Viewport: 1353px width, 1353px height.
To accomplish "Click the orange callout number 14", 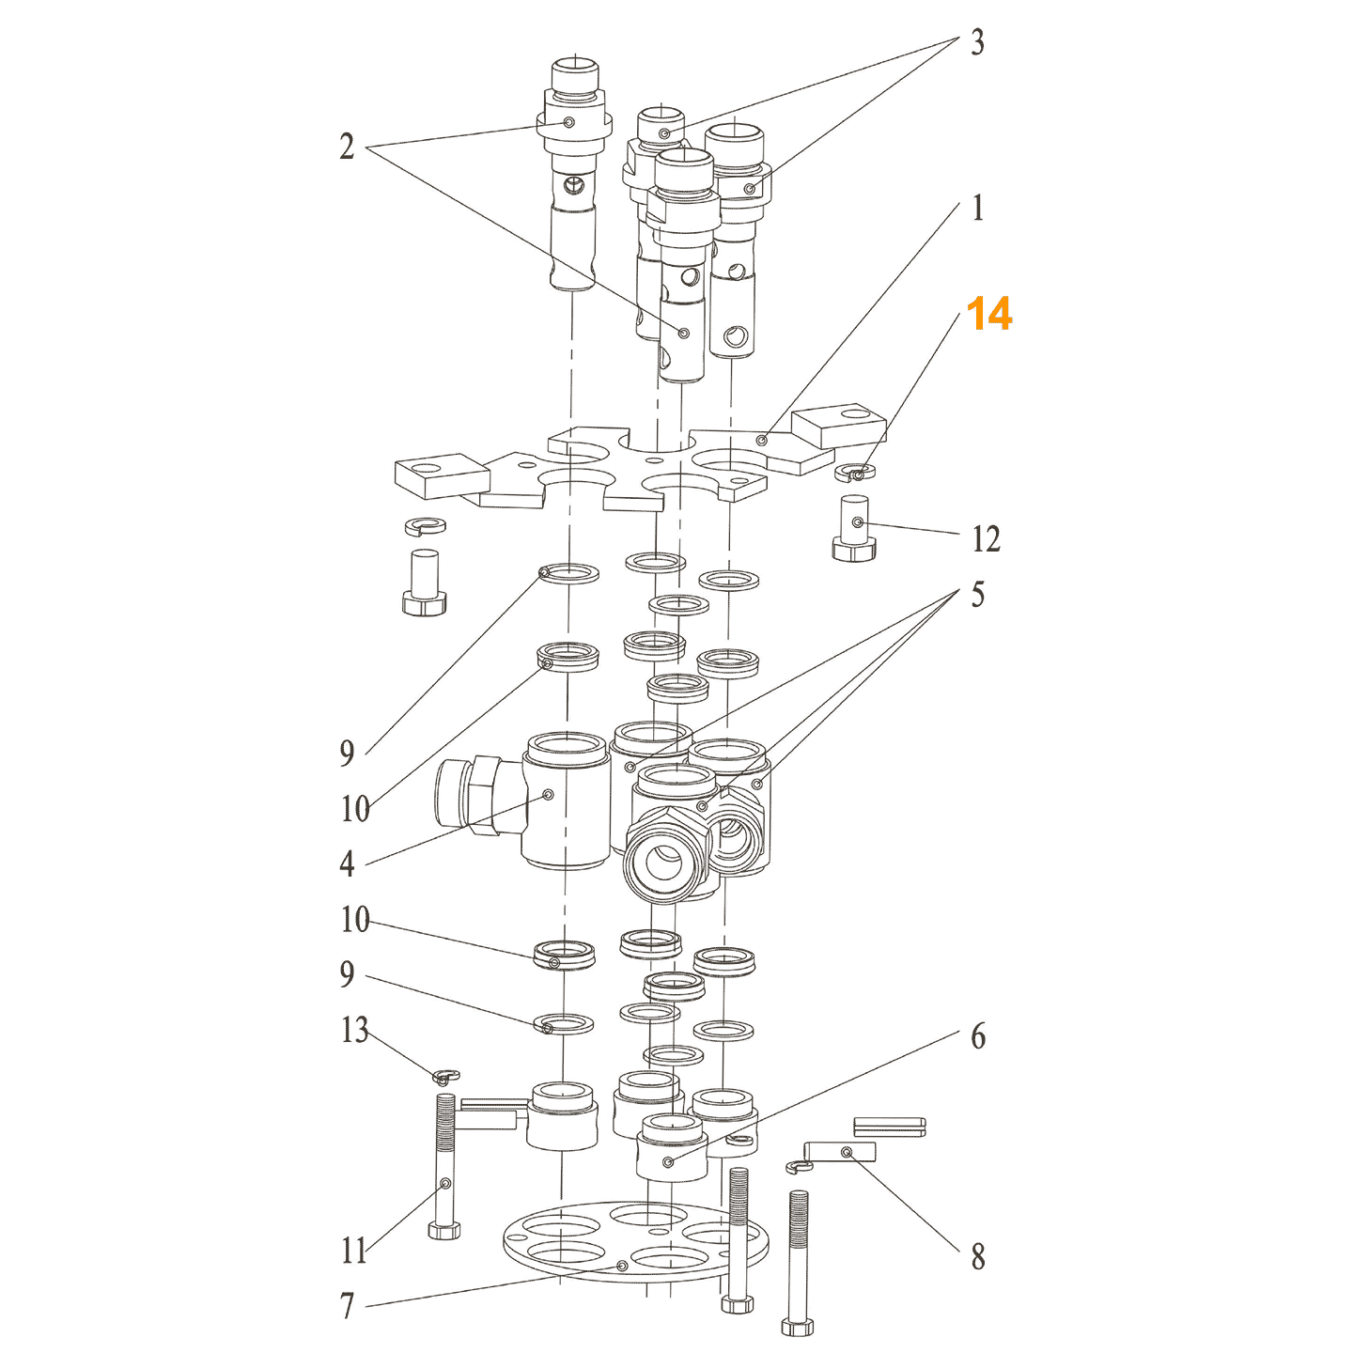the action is click(x=988, y=313).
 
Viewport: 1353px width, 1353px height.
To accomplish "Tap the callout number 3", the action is click(x=976, y=42).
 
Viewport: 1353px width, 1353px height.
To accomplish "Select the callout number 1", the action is click(x=978, y=208).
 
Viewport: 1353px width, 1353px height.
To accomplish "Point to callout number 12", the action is click(x=985, y=538).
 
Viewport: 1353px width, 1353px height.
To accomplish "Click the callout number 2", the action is click(x=347, y=146).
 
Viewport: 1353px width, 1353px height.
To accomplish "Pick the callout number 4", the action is click(x=347, y=863).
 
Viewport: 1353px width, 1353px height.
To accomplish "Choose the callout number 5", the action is click(x=977, y=594).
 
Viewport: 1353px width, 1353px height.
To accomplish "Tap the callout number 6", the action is click(x=978, y=1036).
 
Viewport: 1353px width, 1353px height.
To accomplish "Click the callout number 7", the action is click(x=347, y=1305).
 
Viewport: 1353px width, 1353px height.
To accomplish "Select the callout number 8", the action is click(x=978, y=1256).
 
